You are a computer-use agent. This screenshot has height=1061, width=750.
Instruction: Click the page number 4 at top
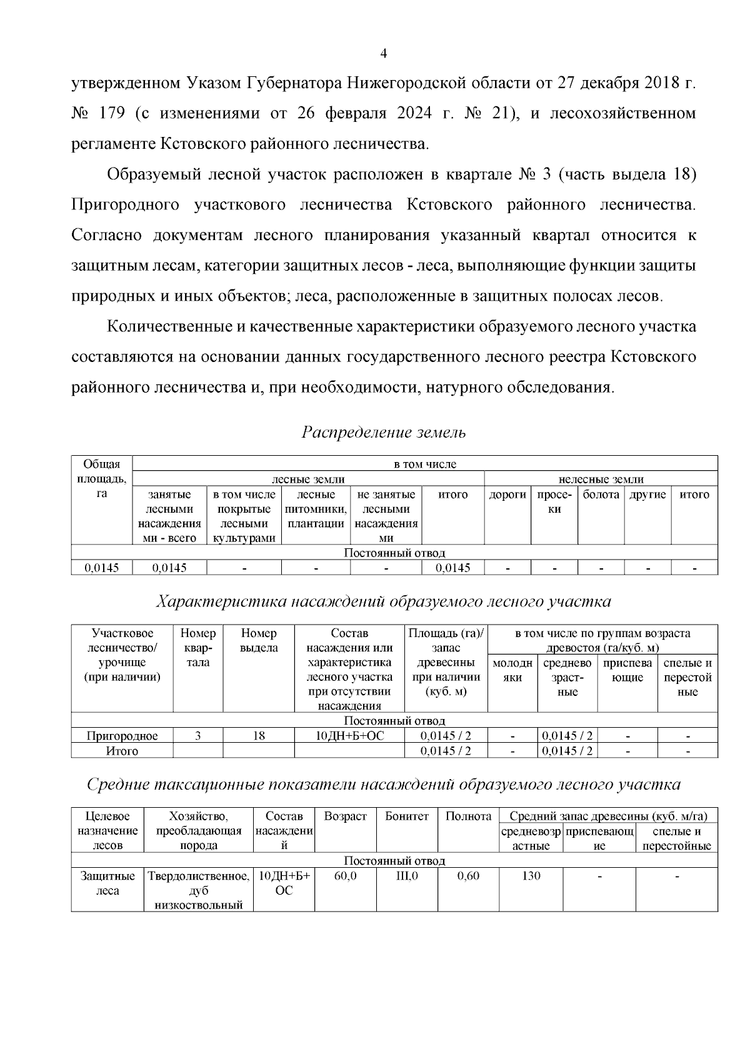tap(384, 54)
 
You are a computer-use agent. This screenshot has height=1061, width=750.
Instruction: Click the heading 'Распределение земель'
tap(384, 432)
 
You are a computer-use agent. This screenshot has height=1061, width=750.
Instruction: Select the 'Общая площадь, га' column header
tap(102, 479)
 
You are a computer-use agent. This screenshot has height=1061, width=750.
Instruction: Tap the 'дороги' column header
tap(507, 495)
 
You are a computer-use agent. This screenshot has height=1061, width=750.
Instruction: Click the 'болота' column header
tap(601, 495)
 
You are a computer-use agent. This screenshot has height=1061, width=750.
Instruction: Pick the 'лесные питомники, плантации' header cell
tap(316, 509)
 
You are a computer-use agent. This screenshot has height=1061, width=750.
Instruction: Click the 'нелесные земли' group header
tap(601, 480)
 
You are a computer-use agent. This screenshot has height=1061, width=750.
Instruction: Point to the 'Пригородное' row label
tap(122, 736)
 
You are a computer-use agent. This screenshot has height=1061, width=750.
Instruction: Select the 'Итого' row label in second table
tap(122, 751)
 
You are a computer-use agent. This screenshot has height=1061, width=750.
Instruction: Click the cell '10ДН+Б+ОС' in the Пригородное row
tap(349, 736)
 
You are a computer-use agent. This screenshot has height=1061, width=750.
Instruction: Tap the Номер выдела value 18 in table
tap(259, 736)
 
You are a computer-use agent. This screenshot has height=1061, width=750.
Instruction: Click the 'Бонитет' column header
tap(407, 817)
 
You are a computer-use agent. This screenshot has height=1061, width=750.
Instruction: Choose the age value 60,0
tap(345, 877)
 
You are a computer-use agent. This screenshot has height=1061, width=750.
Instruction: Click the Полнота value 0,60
tap(468, 877)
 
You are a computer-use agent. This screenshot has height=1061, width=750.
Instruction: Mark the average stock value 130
tap(531, 877)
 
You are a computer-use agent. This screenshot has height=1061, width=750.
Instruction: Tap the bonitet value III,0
tap(407, 877)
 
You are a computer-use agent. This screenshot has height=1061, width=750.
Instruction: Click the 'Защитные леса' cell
tap(107, 883)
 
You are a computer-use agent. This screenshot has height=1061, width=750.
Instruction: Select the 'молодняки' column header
tap(512, 670)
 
